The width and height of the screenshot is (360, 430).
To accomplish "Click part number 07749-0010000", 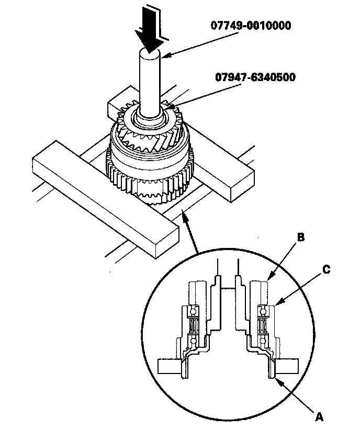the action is click(x=251, y=26).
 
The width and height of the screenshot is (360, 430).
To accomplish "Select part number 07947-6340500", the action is click(x=255, y=77).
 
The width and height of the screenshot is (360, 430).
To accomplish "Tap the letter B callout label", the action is click(x=301, y=237).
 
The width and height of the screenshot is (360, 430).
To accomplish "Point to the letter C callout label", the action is click(x=327, y=269).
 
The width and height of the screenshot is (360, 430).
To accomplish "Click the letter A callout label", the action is click(x=319, y=417).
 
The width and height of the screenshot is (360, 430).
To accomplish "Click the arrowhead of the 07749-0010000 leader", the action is click(x=165, y=55).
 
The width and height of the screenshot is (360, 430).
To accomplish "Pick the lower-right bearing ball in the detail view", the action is click(x=263, y=341).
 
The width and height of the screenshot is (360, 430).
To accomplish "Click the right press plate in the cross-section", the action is click(x=287, y=366).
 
